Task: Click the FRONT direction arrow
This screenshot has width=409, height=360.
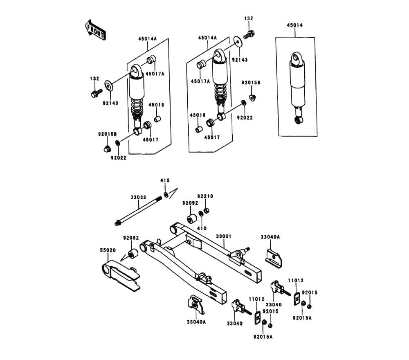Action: tap(95, 30)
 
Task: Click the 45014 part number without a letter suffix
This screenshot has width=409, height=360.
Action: tap(295, 25)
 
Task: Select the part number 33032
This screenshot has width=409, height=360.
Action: tap(138, 197)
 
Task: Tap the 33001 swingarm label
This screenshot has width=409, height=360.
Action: tap(224, 236)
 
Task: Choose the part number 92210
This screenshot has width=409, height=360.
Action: tap(205, 196)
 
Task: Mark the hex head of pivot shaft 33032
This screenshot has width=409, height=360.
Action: tap(118, 223)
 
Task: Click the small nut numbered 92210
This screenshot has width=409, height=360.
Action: tap(207, 210)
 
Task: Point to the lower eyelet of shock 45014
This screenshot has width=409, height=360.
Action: tap(299, 120)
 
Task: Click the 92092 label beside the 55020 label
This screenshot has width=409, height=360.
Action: tap(131, 238)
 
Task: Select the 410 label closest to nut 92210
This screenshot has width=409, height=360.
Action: tap(202, 228)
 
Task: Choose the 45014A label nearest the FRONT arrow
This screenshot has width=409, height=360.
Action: tap(147, 38)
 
